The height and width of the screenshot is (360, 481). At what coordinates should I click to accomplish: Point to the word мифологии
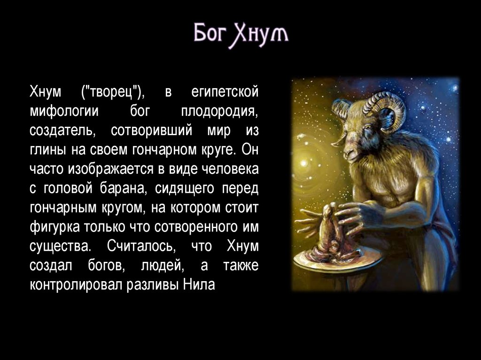pyautogui.click(x=64, y=111)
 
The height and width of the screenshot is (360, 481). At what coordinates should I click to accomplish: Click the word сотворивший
pyautogui.click(x=152, y=130)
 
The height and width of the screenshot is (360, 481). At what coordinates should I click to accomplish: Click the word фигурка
pyautogui.click(x=54, y=227)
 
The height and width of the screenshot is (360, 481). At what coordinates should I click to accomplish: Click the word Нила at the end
pyautogui.click(x=199, y=284)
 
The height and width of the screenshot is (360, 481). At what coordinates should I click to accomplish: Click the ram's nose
pyautogui.click(x=348, y=152)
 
